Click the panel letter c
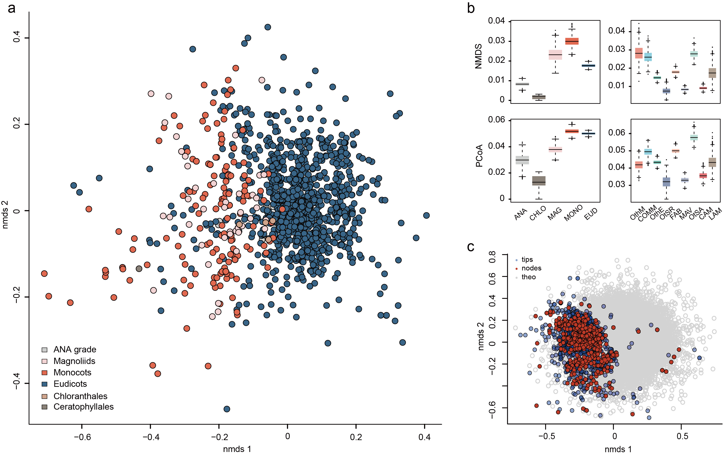471,247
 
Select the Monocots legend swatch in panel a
44,373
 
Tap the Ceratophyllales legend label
84,407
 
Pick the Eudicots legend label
70,384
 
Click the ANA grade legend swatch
44,350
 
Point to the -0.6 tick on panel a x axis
82,437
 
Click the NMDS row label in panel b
478,57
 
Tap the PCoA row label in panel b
479,156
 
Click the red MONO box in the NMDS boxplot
572,41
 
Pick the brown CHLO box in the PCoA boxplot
539,181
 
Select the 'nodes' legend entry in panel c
531,268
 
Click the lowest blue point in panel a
227,409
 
